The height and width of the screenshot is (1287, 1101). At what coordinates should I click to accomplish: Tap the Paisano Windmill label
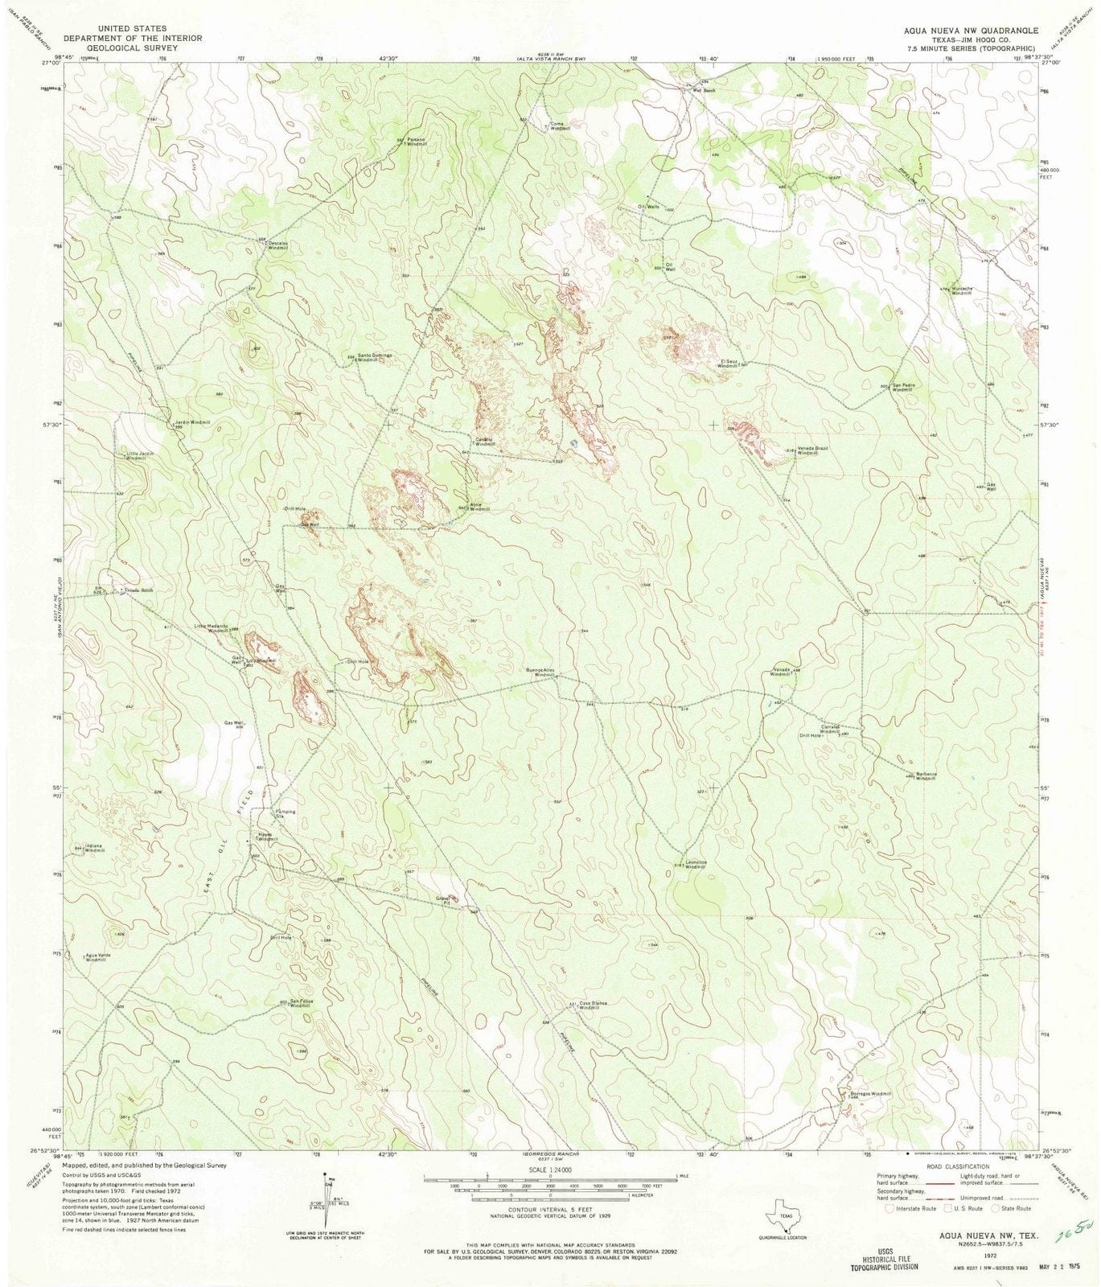416,142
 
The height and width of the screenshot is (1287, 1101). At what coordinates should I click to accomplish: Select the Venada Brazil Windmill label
812,450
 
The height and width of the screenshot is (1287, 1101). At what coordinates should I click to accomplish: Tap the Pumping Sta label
286,814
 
